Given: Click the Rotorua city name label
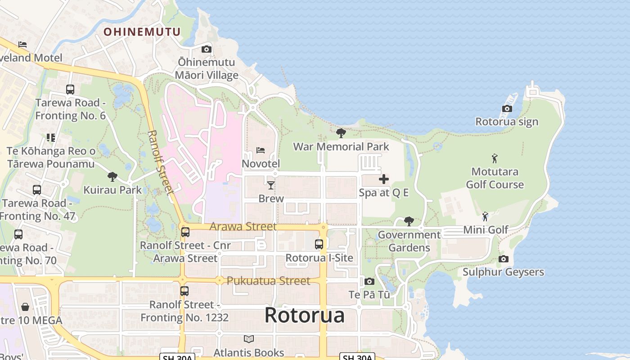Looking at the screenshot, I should [305, 315].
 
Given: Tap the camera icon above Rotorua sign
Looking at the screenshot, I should [507, 109].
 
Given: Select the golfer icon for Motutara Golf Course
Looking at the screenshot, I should [495, 158].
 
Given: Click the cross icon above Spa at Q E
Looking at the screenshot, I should [384, 180].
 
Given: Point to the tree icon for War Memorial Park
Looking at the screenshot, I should [341, 133].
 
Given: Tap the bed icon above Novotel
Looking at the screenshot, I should [261, 150].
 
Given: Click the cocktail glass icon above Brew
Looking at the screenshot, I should [271, 185].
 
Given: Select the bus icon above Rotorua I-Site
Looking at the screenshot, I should [319, 244].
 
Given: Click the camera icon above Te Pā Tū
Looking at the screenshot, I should [369, 282].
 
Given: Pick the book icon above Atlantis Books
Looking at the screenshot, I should [249, 339].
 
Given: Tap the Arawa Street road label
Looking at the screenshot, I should [243, 226].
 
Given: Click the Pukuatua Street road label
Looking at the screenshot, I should [268, 281].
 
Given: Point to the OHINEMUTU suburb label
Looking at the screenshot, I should [142, 32].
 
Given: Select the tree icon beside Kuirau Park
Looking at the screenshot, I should [112, 177].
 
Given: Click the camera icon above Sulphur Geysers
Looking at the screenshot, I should [504, 259].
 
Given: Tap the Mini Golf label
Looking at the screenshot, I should [486, 230].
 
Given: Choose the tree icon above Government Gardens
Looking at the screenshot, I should [409, 221].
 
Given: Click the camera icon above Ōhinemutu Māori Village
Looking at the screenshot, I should [207, 49].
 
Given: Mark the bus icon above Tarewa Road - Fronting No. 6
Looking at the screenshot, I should [70, 90].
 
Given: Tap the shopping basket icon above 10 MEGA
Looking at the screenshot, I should [25, 307].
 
